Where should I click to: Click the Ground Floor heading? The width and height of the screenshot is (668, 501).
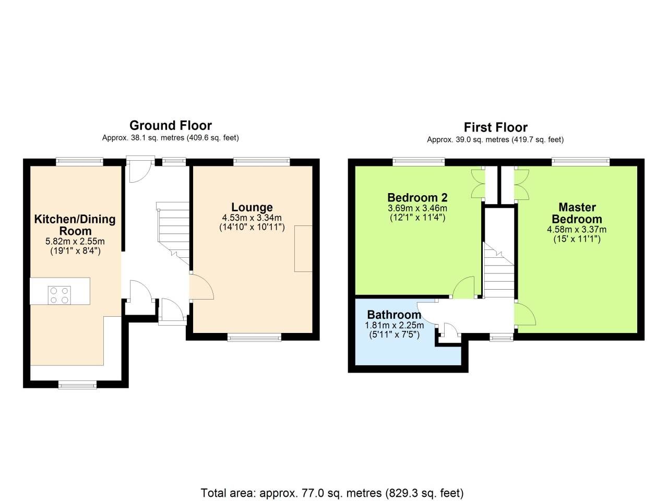(x=171, y=125)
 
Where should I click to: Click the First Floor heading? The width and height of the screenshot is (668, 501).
(x=495, y=127)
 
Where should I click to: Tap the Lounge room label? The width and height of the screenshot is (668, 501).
(x=252, y=207)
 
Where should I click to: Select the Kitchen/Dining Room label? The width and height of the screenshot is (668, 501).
(x=75, y=225)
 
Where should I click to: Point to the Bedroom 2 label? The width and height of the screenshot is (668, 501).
(x=417, y=198)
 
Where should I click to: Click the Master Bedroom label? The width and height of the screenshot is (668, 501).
(x=577, y=213)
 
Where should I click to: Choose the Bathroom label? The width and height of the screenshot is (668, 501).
(x=394, y=315)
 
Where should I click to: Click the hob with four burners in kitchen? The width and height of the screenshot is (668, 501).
(x=59, y=295)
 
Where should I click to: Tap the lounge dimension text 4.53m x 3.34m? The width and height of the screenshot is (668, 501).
(x=252, y=218)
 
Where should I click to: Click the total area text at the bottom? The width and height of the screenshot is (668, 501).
(x=332, y=493)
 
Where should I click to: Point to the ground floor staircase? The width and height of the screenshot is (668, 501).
(x=174, y=230)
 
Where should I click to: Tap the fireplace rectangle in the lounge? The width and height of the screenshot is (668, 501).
(x=303, y=248)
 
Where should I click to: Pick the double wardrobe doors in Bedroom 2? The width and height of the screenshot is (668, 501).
(x=478, y=184)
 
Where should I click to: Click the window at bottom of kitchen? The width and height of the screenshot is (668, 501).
(x=77, y=385)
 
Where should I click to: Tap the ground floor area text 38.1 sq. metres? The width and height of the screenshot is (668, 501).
(x=171, y=138)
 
